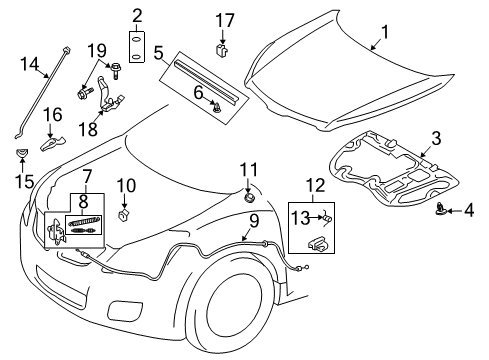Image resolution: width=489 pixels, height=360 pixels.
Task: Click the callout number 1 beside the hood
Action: coord(380,43)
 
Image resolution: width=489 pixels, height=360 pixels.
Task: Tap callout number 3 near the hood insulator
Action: coord(436,138)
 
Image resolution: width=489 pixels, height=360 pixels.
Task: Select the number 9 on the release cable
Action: coord(254,220)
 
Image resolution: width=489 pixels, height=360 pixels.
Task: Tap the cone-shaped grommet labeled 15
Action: coord(19,154)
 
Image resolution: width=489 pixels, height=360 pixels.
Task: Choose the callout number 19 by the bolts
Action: coord(95,50)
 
